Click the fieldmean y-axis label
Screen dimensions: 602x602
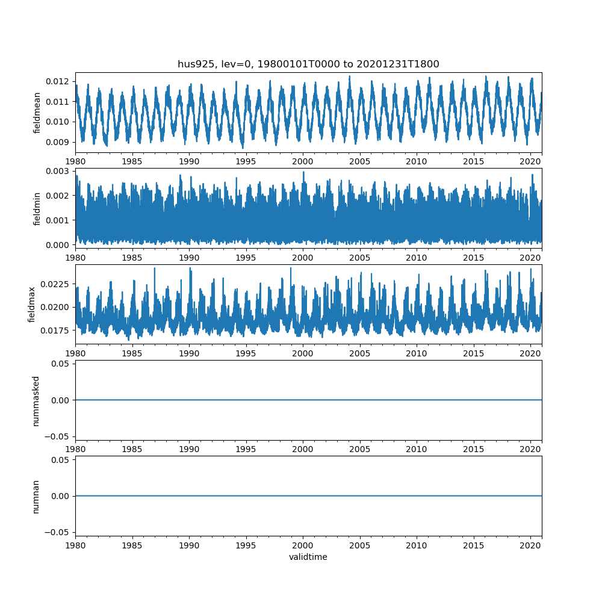pos(37,113)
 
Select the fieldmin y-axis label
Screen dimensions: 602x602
pos(37,208)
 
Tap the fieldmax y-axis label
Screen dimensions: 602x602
pos(32,304)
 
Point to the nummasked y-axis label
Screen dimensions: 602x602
pos(36,400)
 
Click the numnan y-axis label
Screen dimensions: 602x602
pos(36,496)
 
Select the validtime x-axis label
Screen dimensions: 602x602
pos(308,557)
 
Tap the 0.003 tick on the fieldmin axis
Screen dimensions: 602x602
pos(59,172)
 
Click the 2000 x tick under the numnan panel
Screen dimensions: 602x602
pos(303,545)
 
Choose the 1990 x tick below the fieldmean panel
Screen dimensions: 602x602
pos(189,161)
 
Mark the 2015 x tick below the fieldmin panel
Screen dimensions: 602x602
pos(474,257)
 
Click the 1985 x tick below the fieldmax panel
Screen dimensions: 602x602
pos(132,353)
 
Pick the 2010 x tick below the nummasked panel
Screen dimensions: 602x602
pos(417,449)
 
